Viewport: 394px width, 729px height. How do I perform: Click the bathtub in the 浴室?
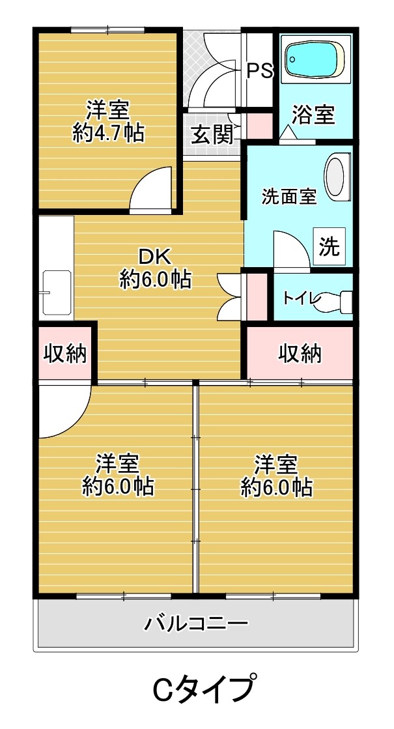[314, 59]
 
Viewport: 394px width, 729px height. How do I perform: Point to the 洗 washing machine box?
[329, 247]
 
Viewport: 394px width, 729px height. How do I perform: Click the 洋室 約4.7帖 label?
[108, 121]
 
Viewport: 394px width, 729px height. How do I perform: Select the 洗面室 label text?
[289, 196]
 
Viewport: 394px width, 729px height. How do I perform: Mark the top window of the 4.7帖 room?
[107, 29]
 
